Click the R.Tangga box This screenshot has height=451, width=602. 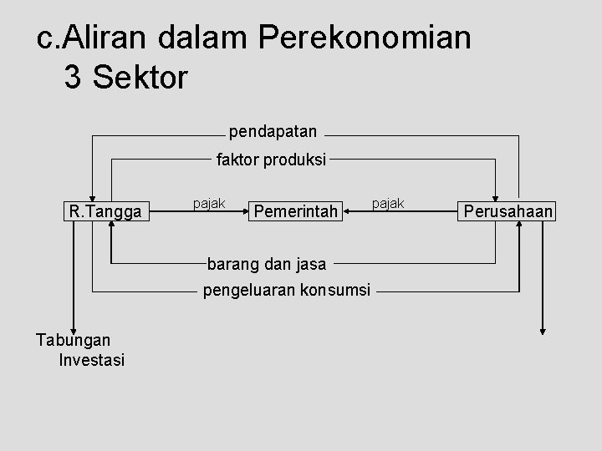tap(108, 211)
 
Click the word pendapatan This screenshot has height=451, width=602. tap(273, 131)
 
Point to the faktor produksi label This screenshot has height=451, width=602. tap(272, 159)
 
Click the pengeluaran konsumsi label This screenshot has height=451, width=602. tap(286, 291)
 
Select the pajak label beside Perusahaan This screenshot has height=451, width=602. tap(387, 204)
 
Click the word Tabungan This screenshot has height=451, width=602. tap(74, 339)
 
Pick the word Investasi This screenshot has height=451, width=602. tap(92, 360)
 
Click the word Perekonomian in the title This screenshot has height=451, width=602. tap(365, 38)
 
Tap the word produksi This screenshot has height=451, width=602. tap(297, 159)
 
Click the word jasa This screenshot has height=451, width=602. tap(317, 266)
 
